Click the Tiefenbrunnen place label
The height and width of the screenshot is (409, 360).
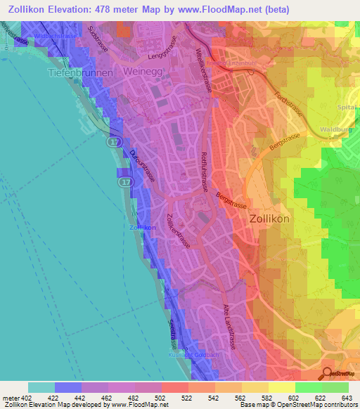77,72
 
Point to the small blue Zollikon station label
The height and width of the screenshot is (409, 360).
143,228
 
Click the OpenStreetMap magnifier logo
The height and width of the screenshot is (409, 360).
328,372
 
